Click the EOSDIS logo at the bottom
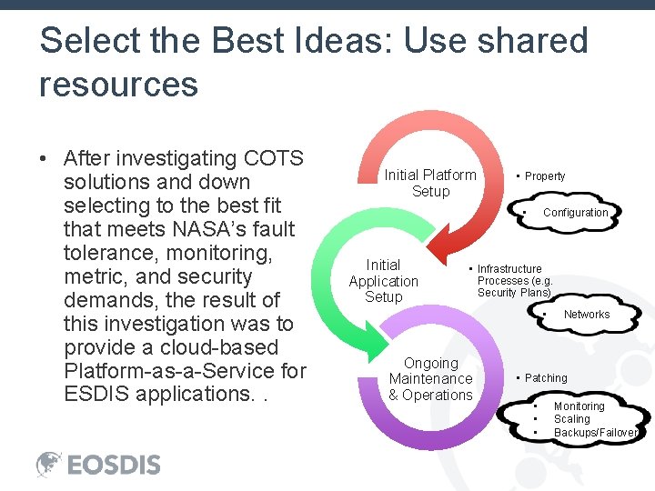click(98, 464)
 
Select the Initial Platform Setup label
click(430, 183)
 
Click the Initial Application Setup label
click(383, 281)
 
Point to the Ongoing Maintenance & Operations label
click(430, 379)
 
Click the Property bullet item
click(544, 176)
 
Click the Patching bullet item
click(545, 378)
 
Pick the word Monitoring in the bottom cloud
click(579, 406)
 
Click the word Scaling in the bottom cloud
click(571, 419)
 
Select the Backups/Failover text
click(595, 433)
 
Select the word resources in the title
click(118, 85)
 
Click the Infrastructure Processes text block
click(514, 281)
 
